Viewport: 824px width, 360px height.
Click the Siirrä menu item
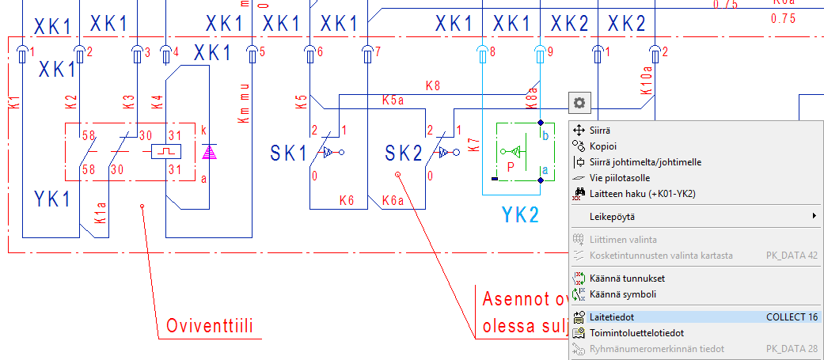[601, 130]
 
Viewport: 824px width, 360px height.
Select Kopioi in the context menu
[603, 146]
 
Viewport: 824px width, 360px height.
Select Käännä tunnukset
[627, 279]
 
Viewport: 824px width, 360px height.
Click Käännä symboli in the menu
[623, 294]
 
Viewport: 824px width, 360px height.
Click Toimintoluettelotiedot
[636, 333]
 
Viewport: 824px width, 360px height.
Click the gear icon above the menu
[579, 102]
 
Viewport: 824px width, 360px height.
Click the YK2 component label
[520, 214]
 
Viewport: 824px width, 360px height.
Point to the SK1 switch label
[288, 153]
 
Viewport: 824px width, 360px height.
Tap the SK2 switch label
[404, 153]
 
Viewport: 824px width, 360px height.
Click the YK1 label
[53, 199]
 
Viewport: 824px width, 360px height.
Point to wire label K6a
[393, 202]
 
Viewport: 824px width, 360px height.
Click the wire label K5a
[393, 100]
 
